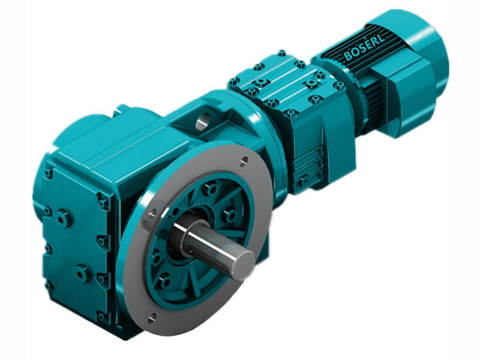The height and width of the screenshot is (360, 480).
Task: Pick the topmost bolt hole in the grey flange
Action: [x=244, y=160]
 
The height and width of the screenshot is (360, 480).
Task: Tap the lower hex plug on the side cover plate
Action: [x=82, y=273]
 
